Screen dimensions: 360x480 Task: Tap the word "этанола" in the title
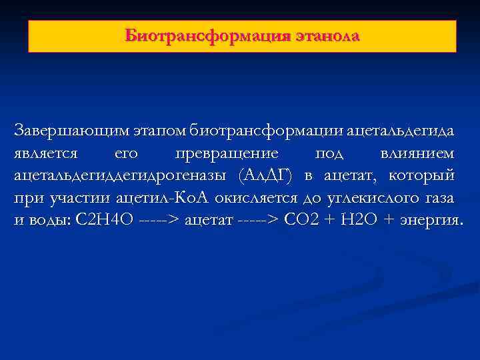click(x=327, y=35)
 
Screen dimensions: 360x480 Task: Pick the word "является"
click(x=45, y=154)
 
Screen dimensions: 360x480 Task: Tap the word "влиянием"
click(x=417, y=154)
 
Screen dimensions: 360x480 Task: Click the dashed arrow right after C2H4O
click(x=160, y=220)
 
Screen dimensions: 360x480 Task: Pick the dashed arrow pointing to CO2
click(x=258, y=220)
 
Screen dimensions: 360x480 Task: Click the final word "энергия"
click(x=429, y=220)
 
